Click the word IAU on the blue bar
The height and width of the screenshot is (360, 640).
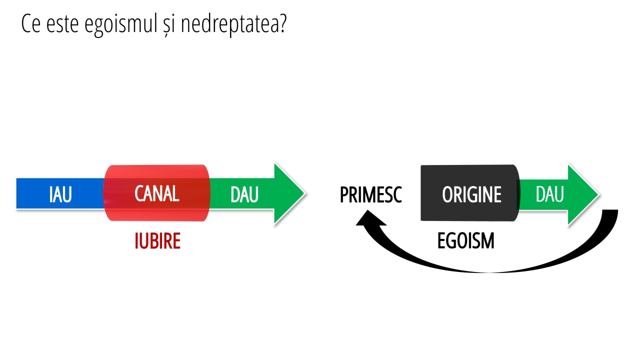(60, 194)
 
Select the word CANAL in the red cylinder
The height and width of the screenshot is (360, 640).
(157, 193)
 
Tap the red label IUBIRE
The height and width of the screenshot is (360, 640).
(157, 241)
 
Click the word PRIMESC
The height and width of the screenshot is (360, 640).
(371, 195)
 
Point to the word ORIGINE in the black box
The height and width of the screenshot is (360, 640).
(471, 195)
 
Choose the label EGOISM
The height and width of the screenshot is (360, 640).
(465, 241)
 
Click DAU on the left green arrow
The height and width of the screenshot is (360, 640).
(244, 195)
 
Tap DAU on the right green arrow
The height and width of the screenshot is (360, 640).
(549, 194)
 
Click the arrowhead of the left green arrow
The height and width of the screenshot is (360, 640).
(289, 193)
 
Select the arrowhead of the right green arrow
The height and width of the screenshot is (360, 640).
(583, 194)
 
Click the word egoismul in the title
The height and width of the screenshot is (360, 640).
(121, 24)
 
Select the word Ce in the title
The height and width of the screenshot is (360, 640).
(30, 23)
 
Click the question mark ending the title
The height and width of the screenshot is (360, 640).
(281, 23)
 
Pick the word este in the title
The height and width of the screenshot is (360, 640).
(62, 24)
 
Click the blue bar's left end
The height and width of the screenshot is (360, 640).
(17, 193)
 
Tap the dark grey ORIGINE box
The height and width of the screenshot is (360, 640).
(470, 193)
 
